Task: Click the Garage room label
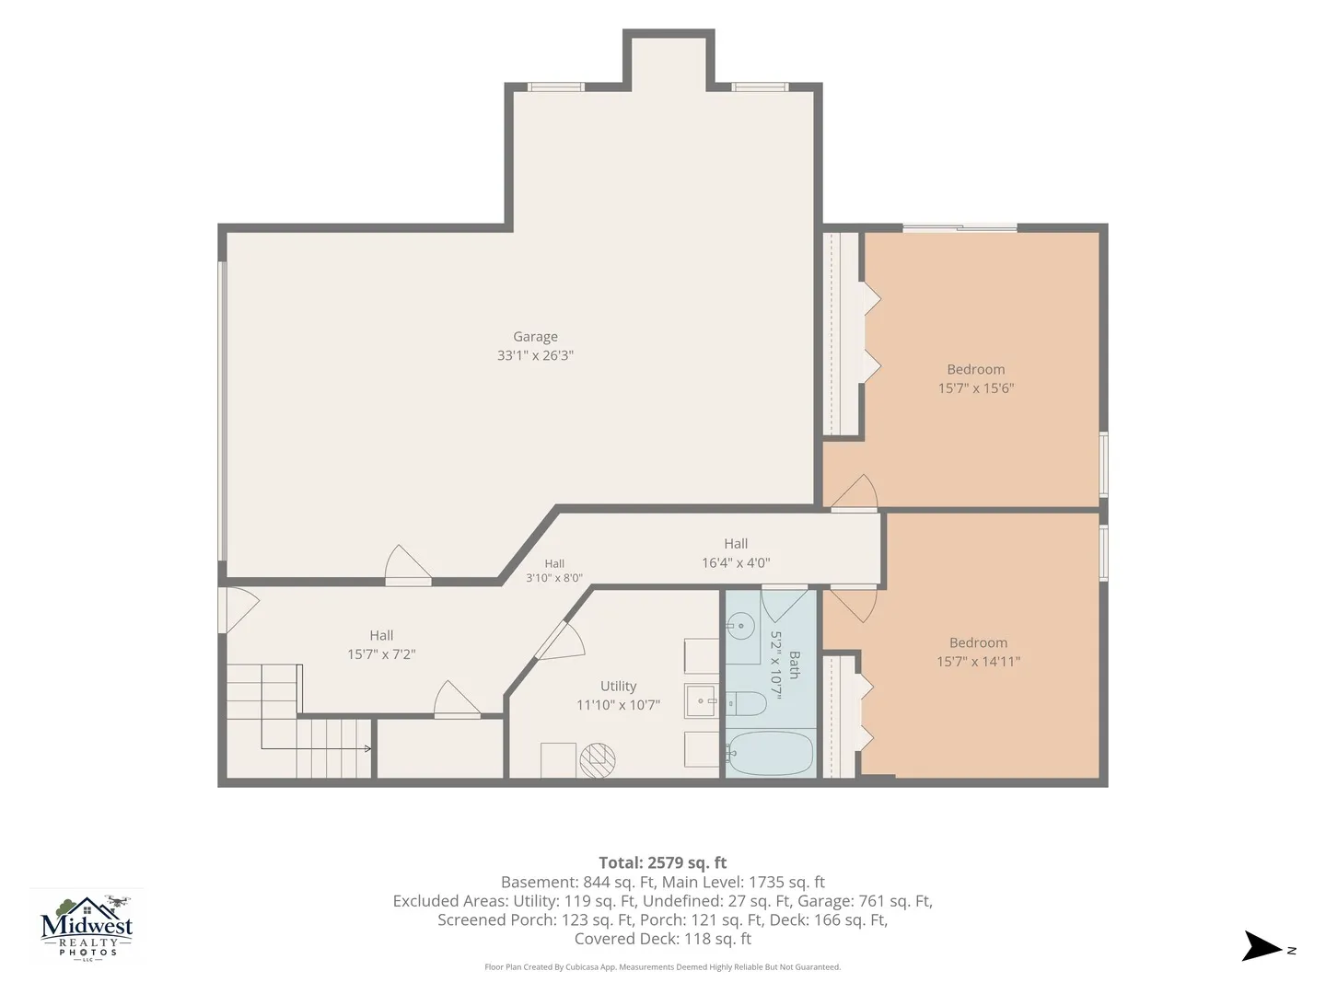(535, 337)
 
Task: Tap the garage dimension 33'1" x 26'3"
(535, 355)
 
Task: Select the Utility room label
(618, 687)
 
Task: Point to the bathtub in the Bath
(769, 753)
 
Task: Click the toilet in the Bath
(746, 703)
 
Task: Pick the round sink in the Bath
(740, 626)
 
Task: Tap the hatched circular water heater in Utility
(598, 760)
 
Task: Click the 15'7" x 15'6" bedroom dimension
(975, 388)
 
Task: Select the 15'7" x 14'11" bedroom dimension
(978, 662)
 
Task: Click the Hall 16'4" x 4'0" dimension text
(736, 563)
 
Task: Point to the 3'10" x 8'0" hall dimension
(554, 578)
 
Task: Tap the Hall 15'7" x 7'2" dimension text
(381, 654)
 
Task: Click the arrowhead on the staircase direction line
(368, 748)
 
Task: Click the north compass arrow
(1261, 946)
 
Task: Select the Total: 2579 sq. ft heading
(663, 862)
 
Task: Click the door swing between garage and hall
(408, 563)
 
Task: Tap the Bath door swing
(785, 604)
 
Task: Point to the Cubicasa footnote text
(663, 966)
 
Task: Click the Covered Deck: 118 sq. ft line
(663, 939)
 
